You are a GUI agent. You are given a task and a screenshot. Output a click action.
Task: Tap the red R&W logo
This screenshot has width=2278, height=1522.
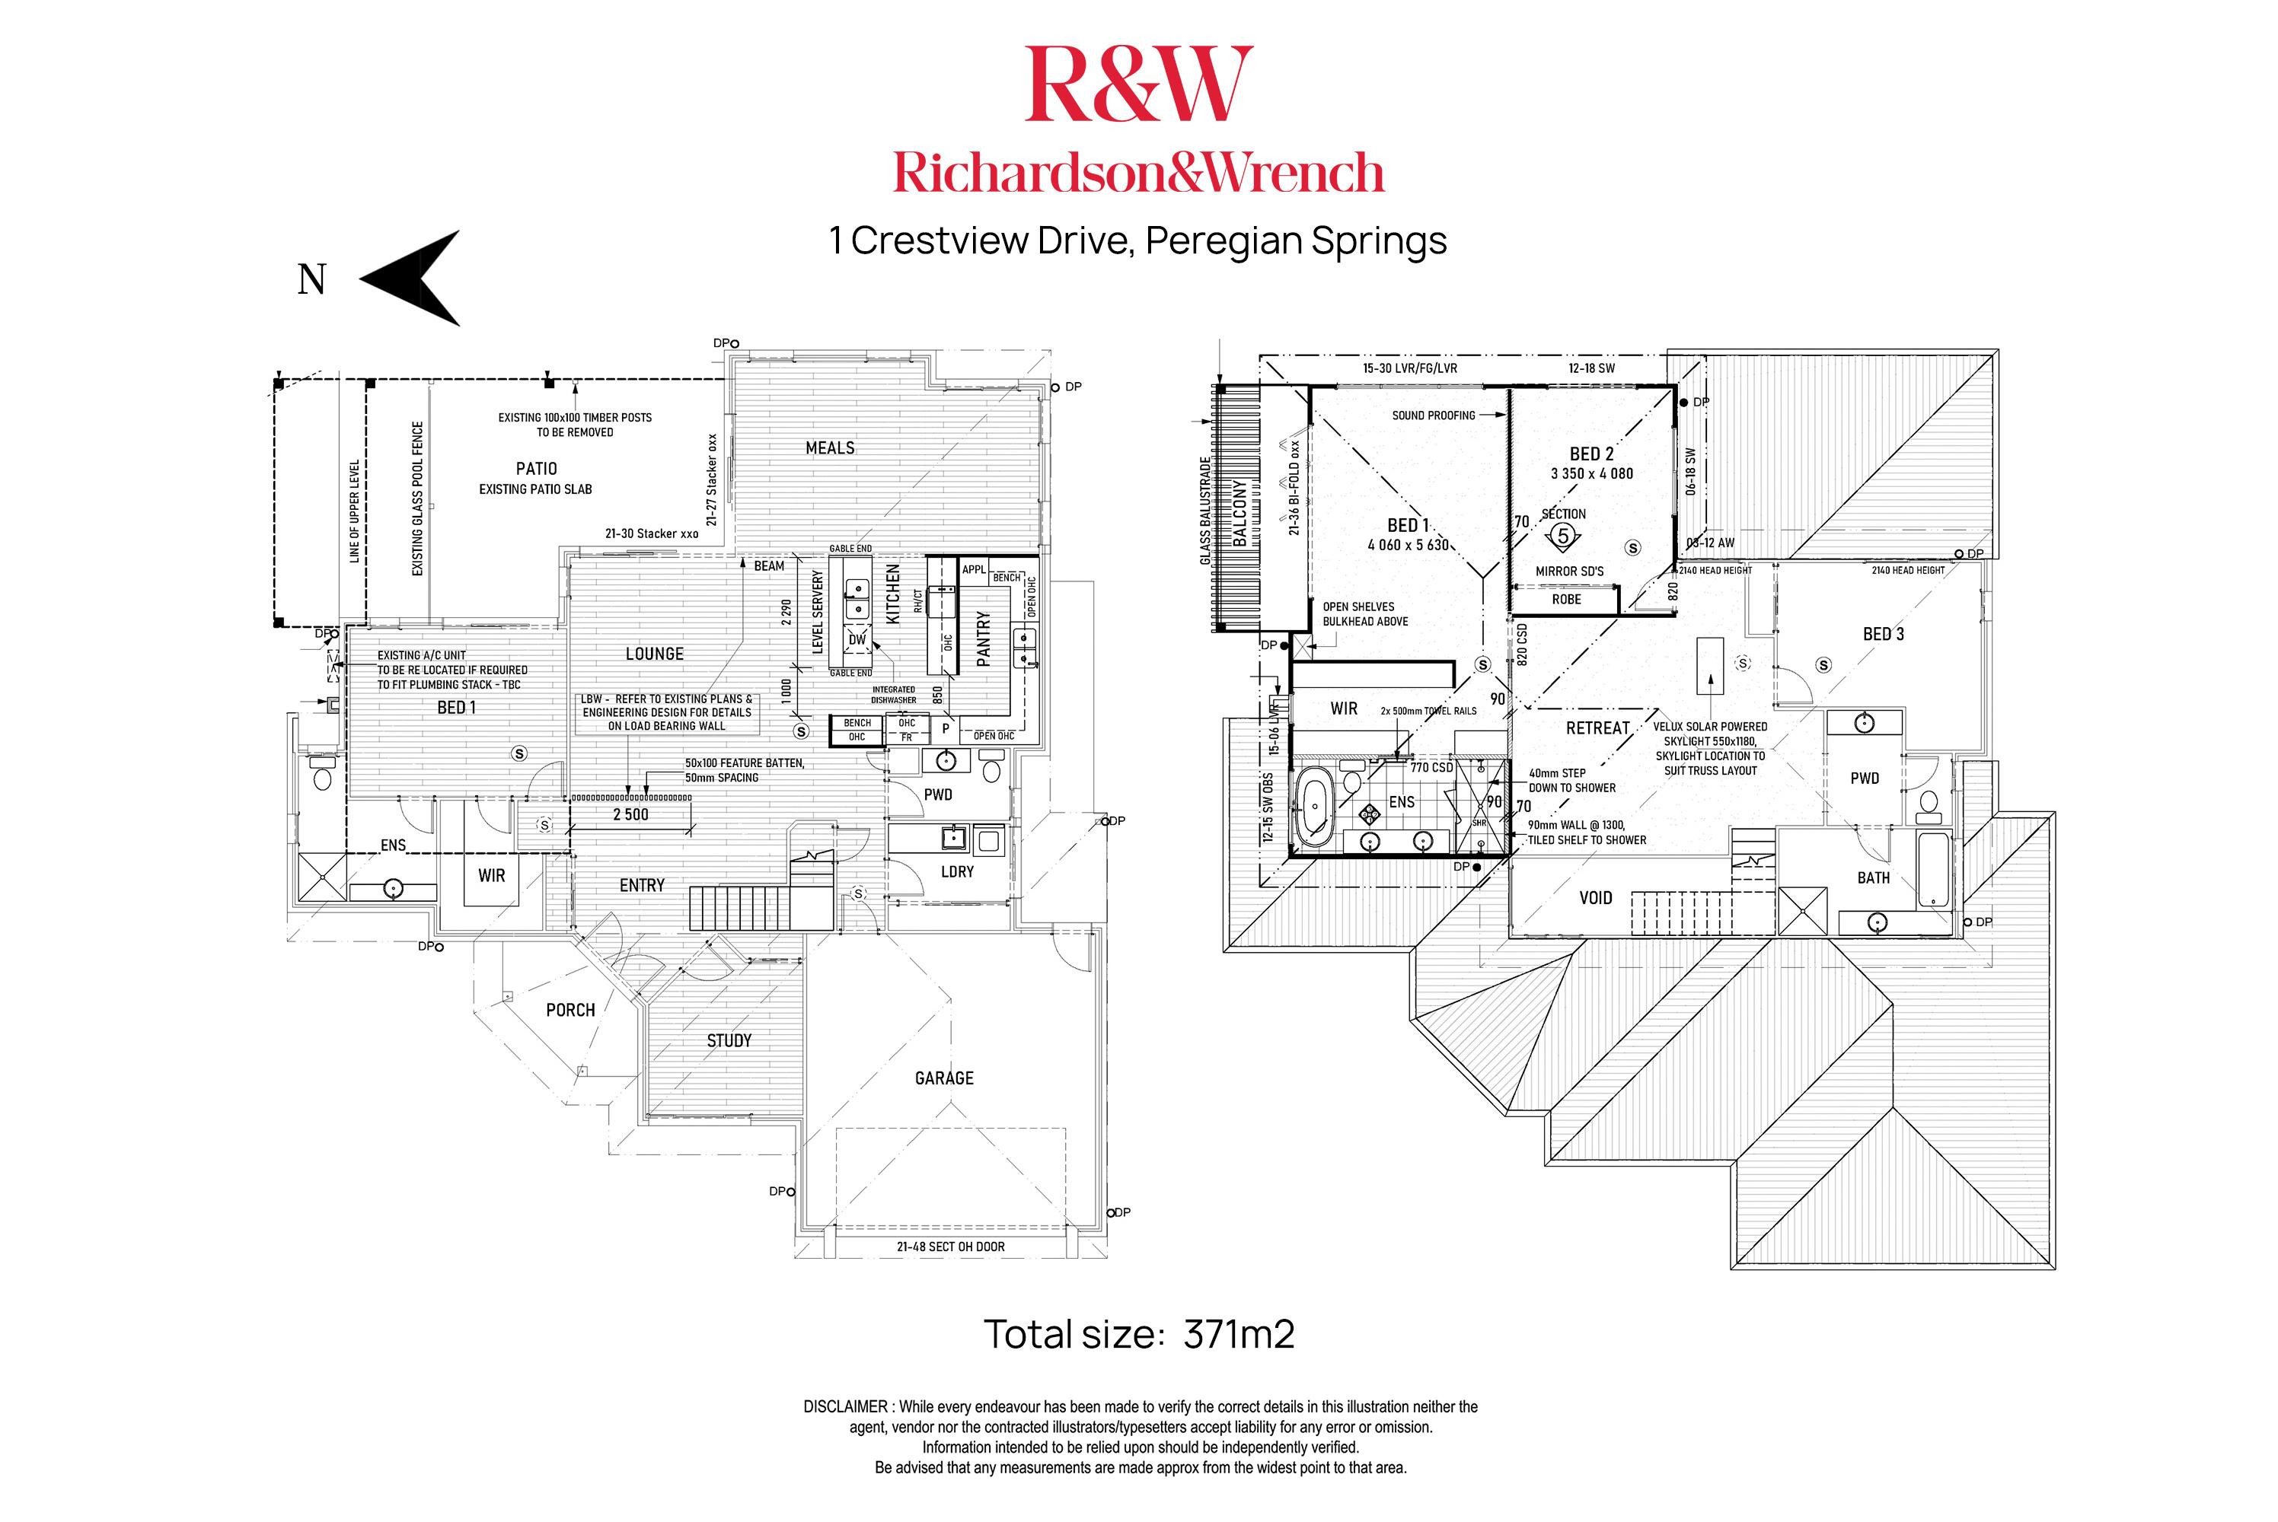coord(1138,84)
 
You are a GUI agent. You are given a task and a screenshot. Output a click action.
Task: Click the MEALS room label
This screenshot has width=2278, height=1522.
coord(830,447)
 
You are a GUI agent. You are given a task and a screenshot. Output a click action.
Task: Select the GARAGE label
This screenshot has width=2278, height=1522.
coord(944,1078)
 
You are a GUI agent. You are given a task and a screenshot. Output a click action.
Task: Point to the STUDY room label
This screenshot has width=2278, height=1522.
coord(729,1040)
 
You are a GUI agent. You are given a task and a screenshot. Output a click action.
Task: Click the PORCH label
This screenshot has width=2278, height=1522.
coord(570,1010)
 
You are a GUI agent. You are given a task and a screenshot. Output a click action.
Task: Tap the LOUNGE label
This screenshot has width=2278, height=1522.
coord(655,654)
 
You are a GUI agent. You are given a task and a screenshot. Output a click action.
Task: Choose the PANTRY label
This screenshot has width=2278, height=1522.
coord(984,638)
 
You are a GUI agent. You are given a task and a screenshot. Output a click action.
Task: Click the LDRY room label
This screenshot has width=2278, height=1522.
coord(958,871)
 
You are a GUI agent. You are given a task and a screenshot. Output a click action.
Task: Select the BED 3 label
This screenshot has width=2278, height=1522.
coord(1883,634)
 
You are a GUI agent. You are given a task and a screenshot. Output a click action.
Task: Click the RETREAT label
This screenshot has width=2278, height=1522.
coord(1597,728)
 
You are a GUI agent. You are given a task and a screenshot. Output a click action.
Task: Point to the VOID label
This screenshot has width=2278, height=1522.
coord(1595,898)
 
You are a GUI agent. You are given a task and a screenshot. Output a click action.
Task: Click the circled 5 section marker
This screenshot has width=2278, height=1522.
coord(1563,535)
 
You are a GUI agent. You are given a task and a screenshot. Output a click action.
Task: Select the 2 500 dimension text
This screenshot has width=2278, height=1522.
coord(630,814)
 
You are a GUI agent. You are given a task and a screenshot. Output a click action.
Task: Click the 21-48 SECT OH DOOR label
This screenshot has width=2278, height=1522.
coord(951,1247)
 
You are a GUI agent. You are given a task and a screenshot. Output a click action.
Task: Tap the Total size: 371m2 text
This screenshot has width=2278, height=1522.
coord(1139,1335)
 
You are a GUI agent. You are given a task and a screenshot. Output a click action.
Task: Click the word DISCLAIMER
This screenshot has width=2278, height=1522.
coord(846,1406)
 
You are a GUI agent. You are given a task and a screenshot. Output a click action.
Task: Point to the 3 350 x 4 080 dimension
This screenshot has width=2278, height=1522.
coord(1591,473)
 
